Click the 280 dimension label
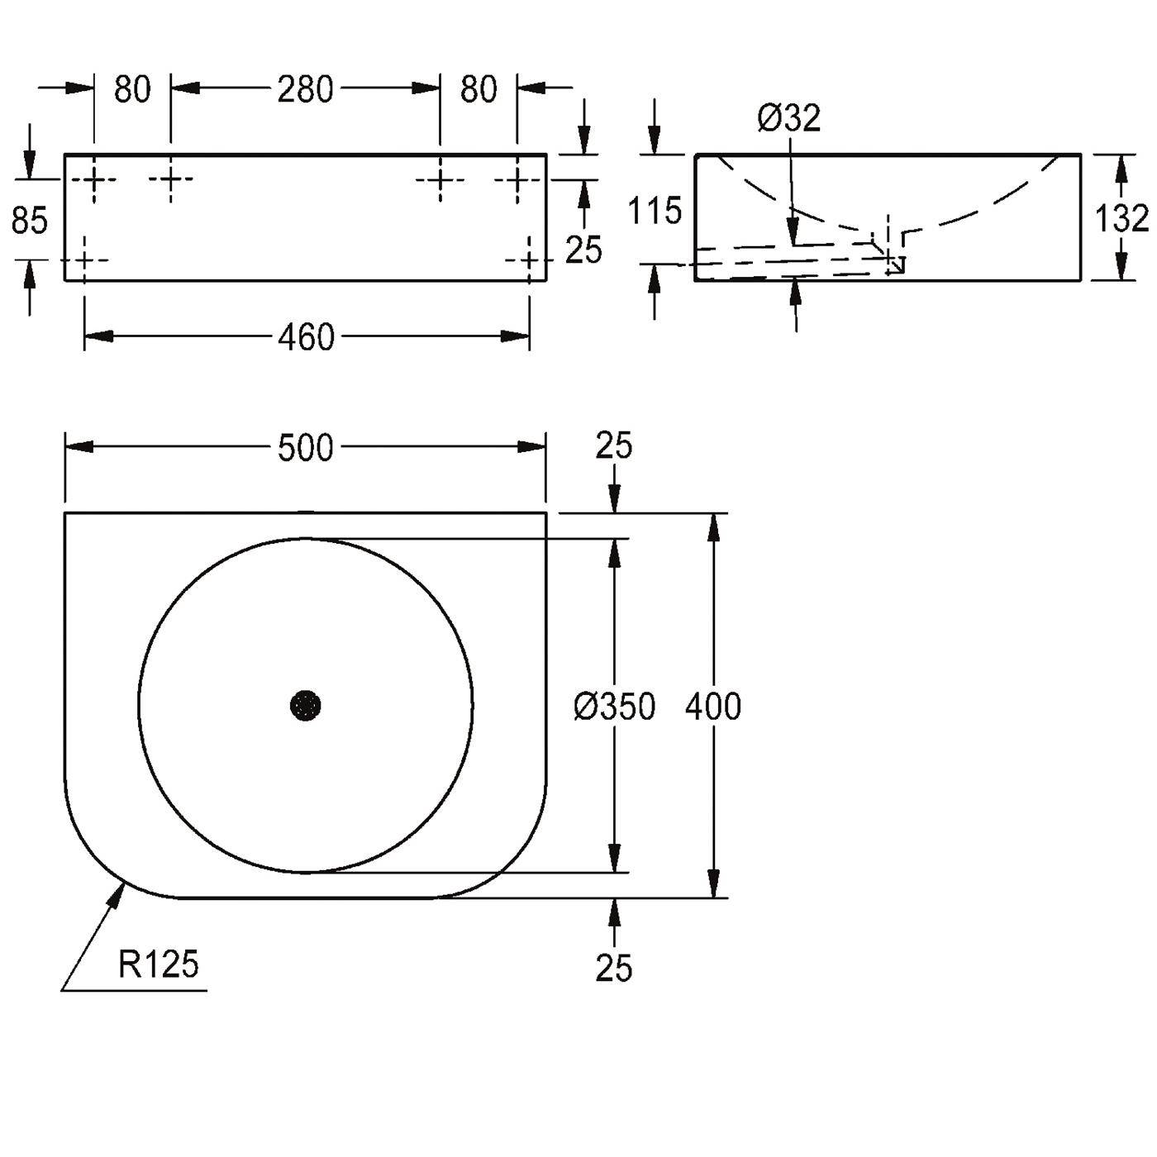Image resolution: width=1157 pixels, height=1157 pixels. pyautogui.click(x=305, y=89)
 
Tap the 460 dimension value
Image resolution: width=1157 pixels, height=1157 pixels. pyautogui.click(x=306, y=337)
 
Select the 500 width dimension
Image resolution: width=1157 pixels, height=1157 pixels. pyautogui.click(x=306, y=448)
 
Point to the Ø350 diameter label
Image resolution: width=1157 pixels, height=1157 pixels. pyautogui.click(x=614, y=706)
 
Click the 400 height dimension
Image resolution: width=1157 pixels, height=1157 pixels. pyautogui.click(x=713, y=706)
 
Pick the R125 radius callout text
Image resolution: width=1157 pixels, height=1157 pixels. pyautogui.click(x=158, y=965)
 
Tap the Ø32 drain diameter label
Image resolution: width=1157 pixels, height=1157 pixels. pyautogui.click(x=789, y=117)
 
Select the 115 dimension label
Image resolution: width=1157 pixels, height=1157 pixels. pyautogui.click(x=655, y=211)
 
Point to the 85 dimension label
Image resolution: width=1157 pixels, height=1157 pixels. pyautogui.click(x=30, y=221)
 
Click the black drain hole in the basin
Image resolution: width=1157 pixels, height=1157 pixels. pyautogui.click(x=306, y=705)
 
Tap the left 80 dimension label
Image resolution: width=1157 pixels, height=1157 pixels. pyautogui.click(x=132, y=89)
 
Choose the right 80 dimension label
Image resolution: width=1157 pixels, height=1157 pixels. pyautogui.click(x=479, y=89)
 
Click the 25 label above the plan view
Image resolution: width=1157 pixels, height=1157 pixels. pyautogui.click(x=614, y=445)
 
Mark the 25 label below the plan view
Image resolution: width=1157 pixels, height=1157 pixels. pyautogui.click(x=614, y=967)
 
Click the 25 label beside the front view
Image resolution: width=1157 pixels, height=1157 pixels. pyautogui.click(x=583, y=250)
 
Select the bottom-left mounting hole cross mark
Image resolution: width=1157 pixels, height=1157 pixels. pyautogui.click(x=84, y=260)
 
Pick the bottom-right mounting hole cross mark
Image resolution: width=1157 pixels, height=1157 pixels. pyautogui.click(x=529, y=260)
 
